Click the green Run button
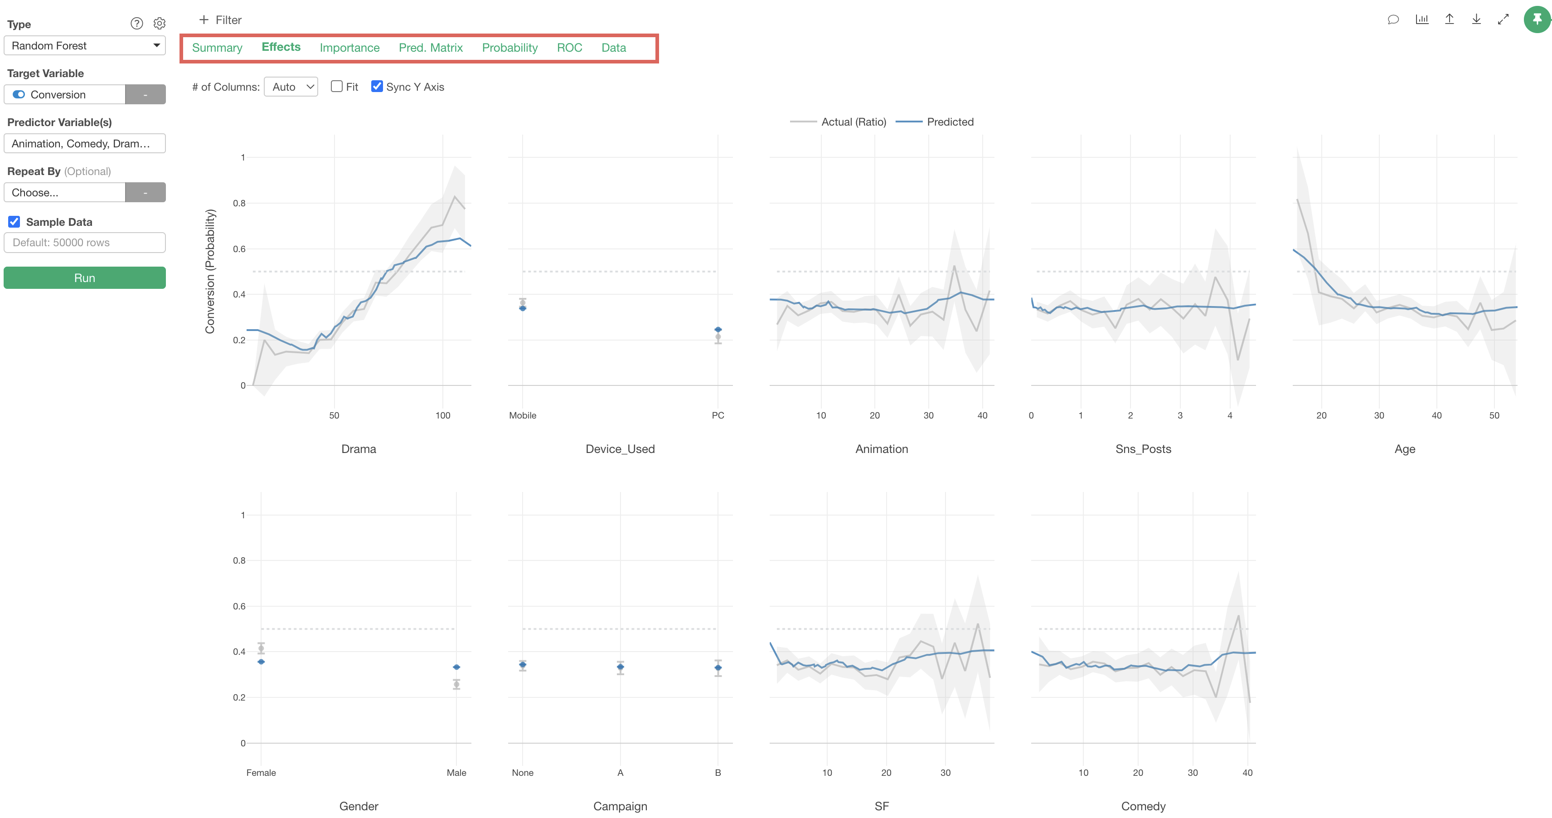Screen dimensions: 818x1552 pos(84,278)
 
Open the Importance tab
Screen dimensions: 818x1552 pos(349,48)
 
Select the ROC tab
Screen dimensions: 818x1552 pos(569,48)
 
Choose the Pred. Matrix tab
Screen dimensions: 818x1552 pos(430,48)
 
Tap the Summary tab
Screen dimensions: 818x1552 pos(217,48)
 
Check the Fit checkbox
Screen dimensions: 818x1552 pos(337,86)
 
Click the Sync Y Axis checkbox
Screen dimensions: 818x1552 pos(377,86)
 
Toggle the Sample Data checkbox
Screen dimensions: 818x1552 pos(14,222)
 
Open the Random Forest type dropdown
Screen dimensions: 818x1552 pos(84,46)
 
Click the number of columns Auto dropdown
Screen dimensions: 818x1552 pos(291,87)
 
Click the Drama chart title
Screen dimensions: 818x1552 pos(359,449)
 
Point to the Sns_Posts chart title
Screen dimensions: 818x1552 pos(1143,449)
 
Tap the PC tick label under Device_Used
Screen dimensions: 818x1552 pos(718,415)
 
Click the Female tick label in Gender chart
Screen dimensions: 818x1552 pos(261,773)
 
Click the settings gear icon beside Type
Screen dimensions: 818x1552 pos(159,24)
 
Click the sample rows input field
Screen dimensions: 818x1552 pos(84,242)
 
